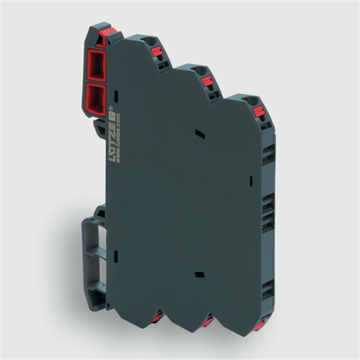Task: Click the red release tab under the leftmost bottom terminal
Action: coord(156,318)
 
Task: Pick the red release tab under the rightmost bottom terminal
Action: coord(257,326)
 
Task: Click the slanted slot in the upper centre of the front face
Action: coord(199,133)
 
